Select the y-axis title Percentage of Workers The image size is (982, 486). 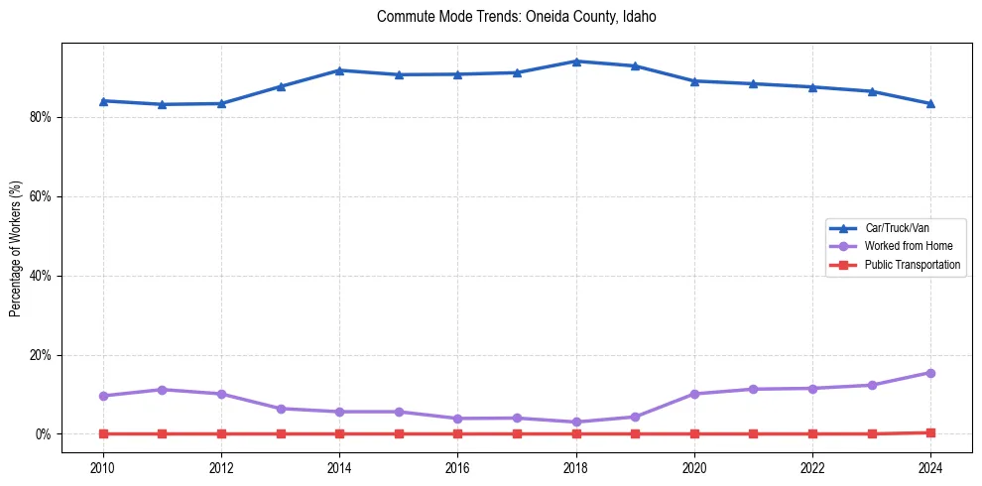pyautogui.click(x=15, y=248)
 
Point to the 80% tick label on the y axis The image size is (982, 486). pyautogui.click(x=41, y=117)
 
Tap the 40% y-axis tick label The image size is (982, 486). pyautogui.click(x=41, y=276)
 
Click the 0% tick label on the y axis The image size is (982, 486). pyautogui.click(x=44, y=434)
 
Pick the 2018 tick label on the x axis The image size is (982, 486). pyautogui.click(x=575, y=467)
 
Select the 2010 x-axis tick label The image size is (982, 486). pyautogui.click(x=103, y=467)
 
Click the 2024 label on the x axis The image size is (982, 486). pyautogui.click(x=930, y=467)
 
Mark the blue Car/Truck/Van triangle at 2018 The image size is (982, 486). pyautogui.click(x=575, y=61)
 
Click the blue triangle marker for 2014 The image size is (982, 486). pyautogui.click(x=339, y=70)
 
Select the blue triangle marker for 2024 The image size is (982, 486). pyautogui.click(x=930, y=103)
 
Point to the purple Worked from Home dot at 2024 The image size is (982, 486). pyautogui.click(x=930, y=373)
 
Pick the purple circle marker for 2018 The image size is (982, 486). pyautogui.click(x=575, y=422)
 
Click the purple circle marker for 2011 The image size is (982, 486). pyautogui.click(x=163, y=390)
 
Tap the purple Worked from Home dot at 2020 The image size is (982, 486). pyautogui.click(x=694, y=394)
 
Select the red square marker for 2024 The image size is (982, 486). pyautogui.click(x=930, y=432)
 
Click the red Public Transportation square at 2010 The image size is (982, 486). pyautogui.click(x=103, y=433)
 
